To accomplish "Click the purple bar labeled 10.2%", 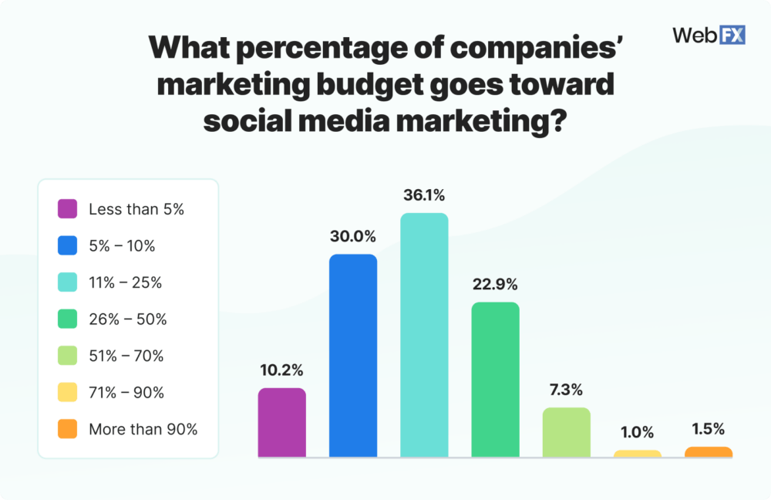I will point(282,423).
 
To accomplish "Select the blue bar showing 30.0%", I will point(353,356).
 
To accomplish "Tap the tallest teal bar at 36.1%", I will point(424,336).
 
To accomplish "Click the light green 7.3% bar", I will point(566,433).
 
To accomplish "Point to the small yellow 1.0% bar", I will point(637,454).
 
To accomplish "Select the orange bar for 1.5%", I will point(708,452).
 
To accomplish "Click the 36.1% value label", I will point(424,195).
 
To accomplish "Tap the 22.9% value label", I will point(495,284).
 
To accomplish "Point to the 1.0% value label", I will point(637,432).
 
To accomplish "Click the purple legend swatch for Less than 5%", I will point(67,209).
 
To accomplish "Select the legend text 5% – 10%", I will point(122,246).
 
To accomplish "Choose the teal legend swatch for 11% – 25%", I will point(67,282).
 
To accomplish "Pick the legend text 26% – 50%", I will point(128,319).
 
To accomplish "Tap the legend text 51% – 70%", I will point(126,356).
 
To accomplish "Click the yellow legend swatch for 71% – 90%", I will point(67,393).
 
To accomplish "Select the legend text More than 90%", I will point(143,430).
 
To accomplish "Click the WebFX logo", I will point(708,35).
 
